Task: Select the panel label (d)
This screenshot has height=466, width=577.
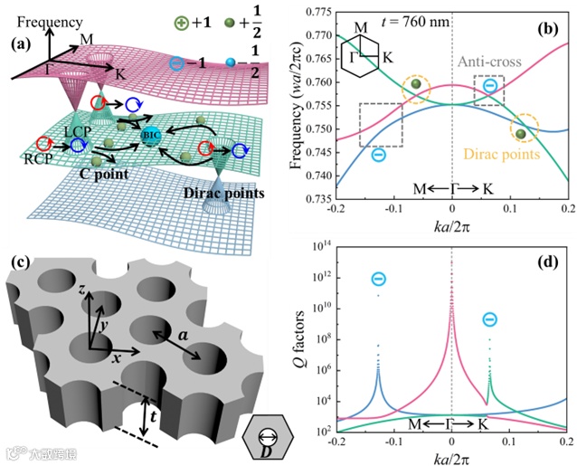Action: (548, 267)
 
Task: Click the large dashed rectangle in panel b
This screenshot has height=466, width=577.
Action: (381, 125)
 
